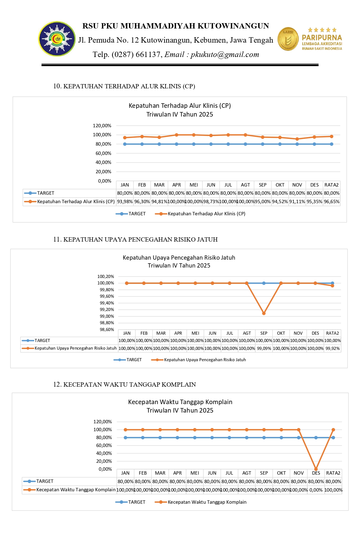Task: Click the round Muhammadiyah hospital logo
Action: (57, 39)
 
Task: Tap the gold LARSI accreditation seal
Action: (288, 39)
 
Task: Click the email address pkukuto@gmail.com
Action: (225, 54)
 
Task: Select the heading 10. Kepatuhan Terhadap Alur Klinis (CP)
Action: (124, 86)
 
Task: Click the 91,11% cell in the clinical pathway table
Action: (297, 201)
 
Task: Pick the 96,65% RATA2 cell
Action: (332, 201)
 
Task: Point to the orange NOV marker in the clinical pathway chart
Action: (297, 139)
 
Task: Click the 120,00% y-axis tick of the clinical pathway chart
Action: (102, 126)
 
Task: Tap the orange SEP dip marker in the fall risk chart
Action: (264, 313)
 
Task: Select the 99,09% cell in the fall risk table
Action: (264, 349)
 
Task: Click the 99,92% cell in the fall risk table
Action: (333, 349)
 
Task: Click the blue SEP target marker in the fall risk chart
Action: (264, 283)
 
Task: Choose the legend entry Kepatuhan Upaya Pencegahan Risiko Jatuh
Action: (199, 360)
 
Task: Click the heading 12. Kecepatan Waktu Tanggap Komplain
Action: (124, 384)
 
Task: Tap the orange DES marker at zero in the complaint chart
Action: (316, 469)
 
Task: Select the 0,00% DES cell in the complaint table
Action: (316, 490)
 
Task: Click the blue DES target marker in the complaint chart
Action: (316, 438)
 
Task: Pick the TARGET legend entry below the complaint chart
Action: (131, 502)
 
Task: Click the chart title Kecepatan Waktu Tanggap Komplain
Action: (180, 402)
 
